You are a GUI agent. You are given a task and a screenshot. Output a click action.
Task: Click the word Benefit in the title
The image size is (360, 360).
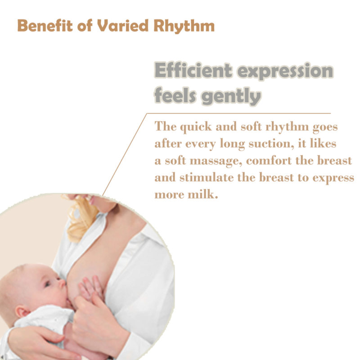click(45, 26)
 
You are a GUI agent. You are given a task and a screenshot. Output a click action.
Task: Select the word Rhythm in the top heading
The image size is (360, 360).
click(184, 26)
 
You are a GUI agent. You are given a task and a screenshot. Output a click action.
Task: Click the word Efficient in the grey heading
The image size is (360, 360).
click(193, 70)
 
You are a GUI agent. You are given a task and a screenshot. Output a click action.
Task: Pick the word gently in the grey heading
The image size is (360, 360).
click(231, 96)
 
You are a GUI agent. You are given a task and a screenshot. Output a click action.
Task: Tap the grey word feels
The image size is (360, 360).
click(175, 95)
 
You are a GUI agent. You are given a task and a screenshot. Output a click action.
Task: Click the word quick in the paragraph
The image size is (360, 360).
click(196, 127)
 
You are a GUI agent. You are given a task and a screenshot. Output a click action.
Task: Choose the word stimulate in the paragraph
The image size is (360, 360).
click(207, 177)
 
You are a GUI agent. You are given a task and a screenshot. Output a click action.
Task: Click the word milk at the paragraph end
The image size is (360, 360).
click(203, 194)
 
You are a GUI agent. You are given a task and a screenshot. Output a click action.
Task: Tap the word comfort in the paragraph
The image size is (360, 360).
click(269, 161)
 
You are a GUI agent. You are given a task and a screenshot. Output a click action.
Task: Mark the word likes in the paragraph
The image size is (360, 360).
click(323, 144)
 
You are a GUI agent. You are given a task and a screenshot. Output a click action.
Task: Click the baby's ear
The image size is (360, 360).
click(22, 312)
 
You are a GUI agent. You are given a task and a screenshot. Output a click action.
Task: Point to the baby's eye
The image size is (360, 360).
click(48, 284)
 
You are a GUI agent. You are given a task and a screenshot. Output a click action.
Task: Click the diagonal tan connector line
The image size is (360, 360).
click(124, 154)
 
